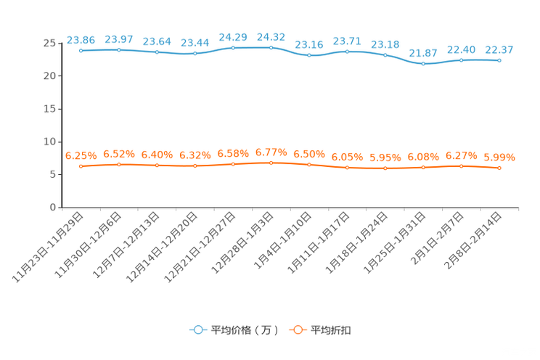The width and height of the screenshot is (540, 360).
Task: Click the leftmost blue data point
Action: [81, 51]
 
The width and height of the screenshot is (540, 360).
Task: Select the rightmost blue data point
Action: [499, 60]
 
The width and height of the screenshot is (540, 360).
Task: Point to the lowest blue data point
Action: [423, 64]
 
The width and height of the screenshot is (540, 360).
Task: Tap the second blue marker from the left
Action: [118, 49]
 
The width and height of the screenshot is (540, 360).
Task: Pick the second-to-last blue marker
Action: [461, 60]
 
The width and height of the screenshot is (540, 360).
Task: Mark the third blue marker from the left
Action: [157, 52]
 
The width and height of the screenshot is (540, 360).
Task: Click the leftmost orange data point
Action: [81, 166]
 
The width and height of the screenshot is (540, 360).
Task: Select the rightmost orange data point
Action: [499, 168]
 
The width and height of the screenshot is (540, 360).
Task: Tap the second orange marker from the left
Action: [118, 165]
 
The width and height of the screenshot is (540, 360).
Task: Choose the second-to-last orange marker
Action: [461, 166]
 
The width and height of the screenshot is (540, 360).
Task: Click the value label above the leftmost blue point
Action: [81, 39]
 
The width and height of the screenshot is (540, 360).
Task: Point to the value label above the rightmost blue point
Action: [499, 49]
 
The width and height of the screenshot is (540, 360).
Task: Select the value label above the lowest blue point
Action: [423, 53]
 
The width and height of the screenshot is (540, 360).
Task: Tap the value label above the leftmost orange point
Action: [81, 155]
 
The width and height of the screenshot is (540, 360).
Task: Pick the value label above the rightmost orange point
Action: [499, 157]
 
